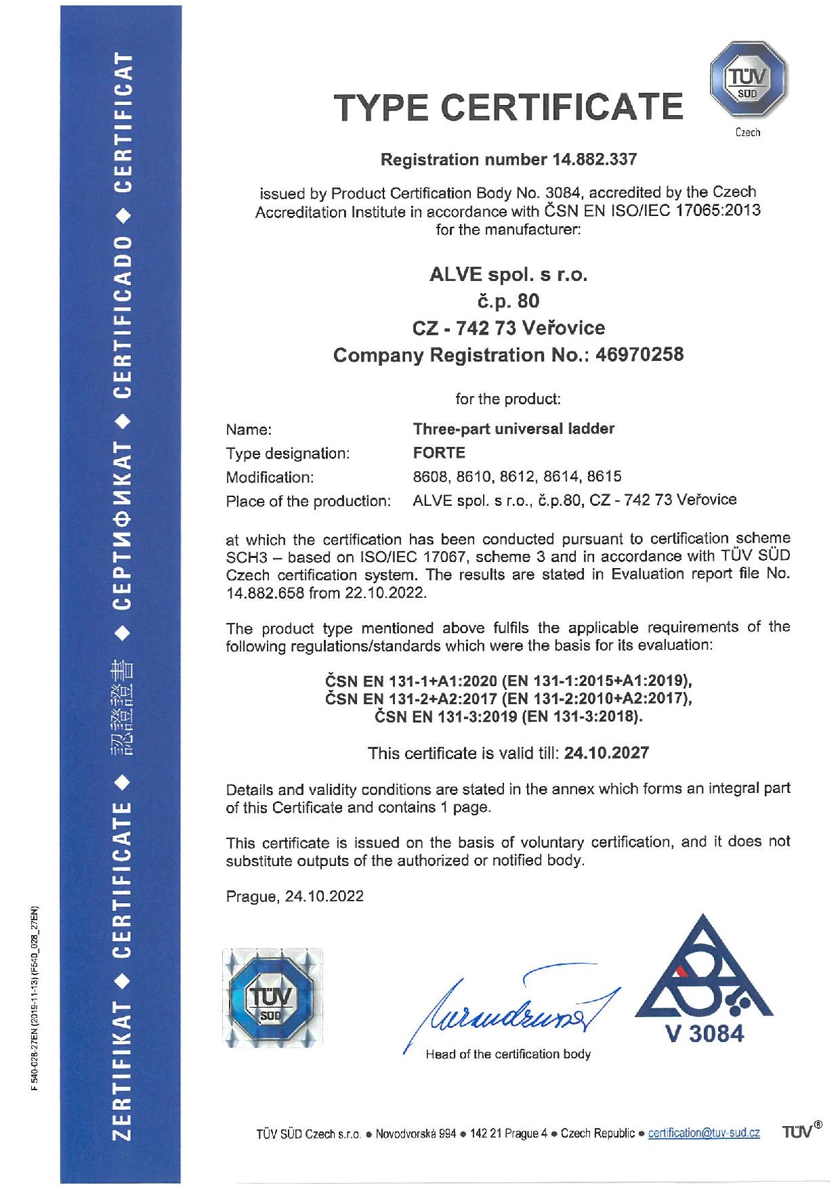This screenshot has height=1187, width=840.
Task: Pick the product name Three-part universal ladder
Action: pyautogui.click(x=513, y=429)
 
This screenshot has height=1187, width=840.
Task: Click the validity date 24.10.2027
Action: pyautogui.click(x=606, y=753)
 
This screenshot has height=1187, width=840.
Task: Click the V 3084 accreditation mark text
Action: pyautogui.click(x=705, y=1034)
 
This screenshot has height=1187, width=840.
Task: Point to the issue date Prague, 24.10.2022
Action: pyautogui.click(x=295, y=897)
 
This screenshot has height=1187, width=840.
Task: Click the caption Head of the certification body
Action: pyautogui.click(x=507, y=1054)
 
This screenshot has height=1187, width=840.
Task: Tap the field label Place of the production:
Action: pyautogui.click(x=308, y=501)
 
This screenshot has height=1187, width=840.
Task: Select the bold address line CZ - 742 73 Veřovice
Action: pyautogui.click(x=508, y=328)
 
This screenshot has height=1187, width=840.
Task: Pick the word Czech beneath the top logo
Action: pyautogui.click(x=748, y=133)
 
